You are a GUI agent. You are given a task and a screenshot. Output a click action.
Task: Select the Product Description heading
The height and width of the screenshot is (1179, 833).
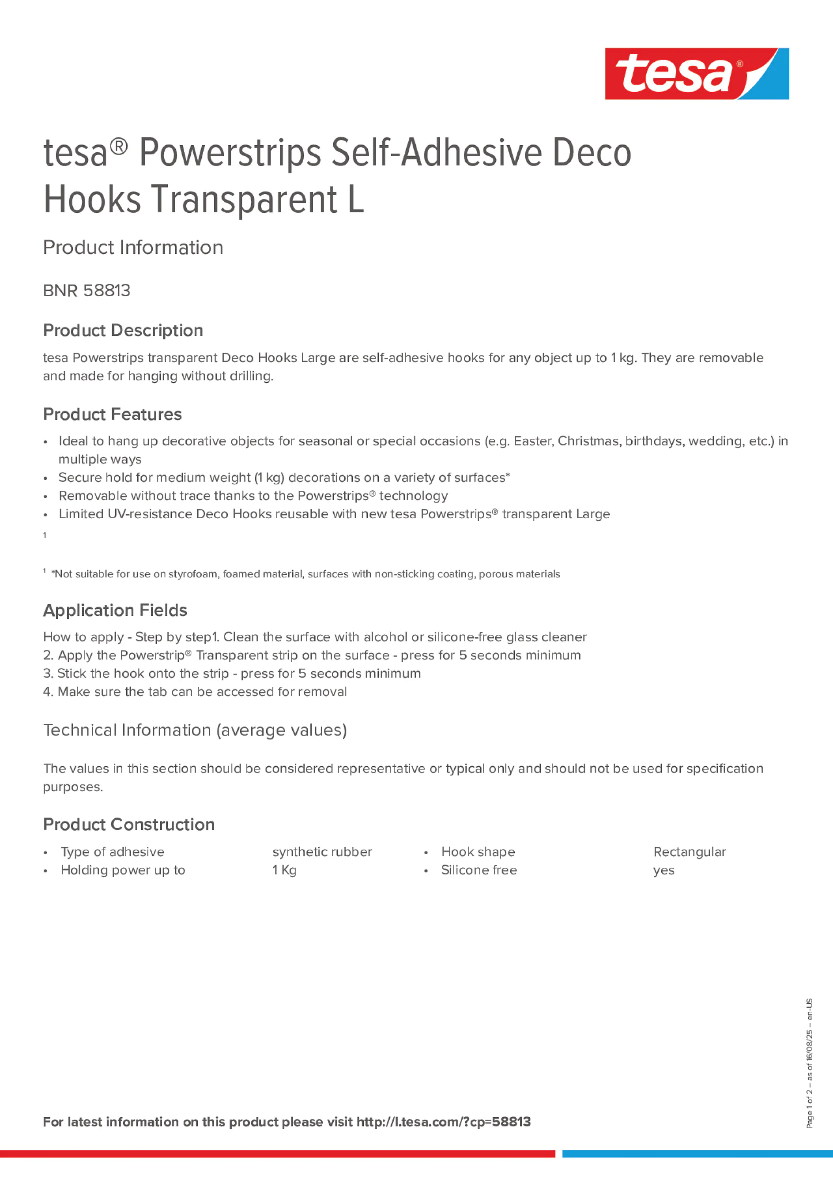pos(123,330)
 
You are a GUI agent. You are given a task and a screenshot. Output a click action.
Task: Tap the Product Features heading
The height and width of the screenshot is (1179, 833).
pos(112,414)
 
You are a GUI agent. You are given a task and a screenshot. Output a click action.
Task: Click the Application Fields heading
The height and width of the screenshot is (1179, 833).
pos(115,610)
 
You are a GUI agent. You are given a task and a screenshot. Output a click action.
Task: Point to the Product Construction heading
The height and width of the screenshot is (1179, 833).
pos(129,824)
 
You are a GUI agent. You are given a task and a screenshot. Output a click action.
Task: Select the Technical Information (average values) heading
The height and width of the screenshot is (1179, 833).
pos(195,730)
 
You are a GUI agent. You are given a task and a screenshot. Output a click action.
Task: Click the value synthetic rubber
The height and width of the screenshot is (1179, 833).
pos(322,852)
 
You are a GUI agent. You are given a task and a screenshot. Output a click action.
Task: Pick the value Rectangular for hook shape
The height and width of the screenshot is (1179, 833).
pos(689,852)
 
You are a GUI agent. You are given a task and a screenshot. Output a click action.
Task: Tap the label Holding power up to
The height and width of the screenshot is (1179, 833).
pos(123,870)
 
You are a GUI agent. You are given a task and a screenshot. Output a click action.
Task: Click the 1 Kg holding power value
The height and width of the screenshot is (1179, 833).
pos(285,870)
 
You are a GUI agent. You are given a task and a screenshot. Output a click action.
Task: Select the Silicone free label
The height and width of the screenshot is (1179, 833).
pos(479,870)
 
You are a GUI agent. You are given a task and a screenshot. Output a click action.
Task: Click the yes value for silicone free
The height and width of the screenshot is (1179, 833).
pos(663,870)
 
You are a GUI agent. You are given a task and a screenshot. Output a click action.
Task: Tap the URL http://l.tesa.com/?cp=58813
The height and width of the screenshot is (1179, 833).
pos(443,1122)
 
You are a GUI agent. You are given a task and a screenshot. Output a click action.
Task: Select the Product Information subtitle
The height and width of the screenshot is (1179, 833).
pos(133,248)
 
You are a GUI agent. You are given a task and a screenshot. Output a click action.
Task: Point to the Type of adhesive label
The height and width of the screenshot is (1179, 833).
pos(113,852)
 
